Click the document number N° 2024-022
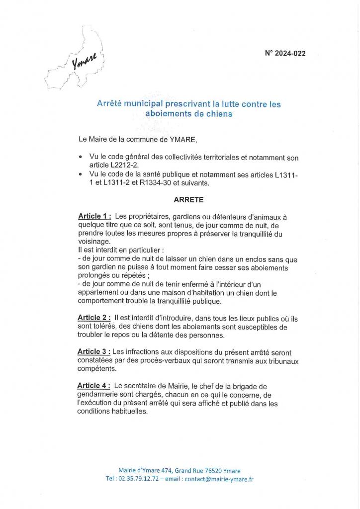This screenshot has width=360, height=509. (x=285, y=54)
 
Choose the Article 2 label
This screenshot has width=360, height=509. (x=94, y=318)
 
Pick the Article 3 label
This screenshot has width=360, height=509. (x=94, y=351)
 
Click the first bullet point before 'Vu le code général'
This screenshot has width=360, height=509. (x=81, y=157)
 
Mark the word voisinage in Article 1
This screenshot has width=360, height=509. (x=93, y=242)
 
